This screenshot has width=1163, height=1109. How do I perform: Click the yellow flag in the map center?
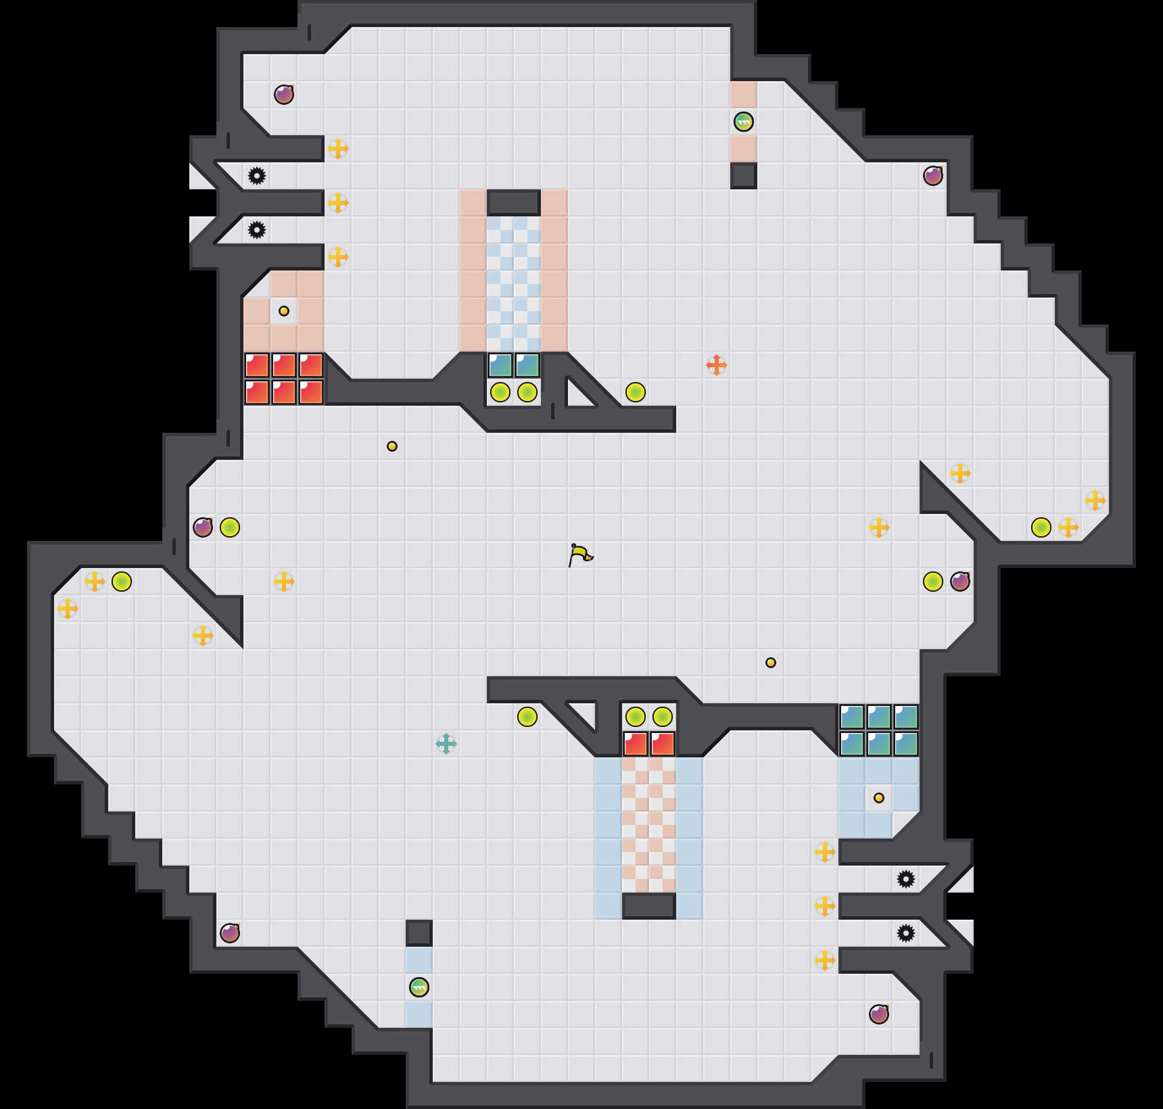click(580, 555)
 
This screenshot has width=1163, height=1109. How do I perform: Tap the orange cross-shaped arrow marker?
click(717, 365)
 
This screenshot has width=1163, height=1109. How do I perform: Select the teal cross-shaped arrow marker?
click(446, 744)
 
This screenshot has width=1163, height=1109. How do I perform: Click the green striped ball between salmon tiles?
click(744, 122)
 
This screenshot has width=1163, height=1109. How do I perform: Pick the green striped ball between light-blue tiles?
click(419, 987)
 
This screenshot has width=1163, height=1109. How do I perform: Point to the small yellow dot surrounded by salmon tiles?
click(284, 311)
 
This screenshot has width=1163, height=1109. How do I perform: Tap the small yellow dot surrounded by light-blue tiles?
click(879, 798)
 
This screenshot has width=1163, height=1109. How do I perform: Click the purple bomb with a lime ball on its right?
click(203, 527)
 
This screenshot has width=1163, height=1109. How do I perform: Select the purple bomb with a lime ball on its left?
click(960, 582)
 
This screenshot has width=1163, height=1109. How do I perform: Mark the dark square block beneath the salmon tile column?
click(744, 176)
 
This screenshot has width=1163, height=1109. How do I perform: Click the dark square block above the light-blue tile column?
click(419, 933)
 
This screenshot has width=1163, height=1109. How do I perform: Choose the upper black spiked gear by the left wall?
click(257, 176)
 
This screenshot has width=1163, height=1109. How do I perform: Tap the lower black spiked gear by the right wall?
click(906, 933)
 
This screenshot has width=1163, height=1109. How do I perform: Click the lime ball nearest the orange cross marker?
click(636, 392)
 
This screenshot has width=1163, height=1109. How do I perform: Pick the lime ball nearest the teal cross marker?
click(527, 717)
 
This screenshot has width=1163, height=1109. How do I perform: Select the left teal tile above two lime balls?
click(500, 365)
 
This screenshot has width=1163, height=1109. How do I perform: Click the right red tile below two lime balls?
click(663, 744)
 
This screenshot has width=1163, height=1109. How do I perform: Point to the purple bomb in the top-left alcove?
click(284, 95)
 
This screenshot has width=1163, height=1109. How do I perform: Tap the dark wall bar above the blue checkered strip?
click(514, 202)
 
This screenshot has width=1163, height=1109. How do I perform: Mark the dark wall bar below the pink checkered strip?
click(649, 906)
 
